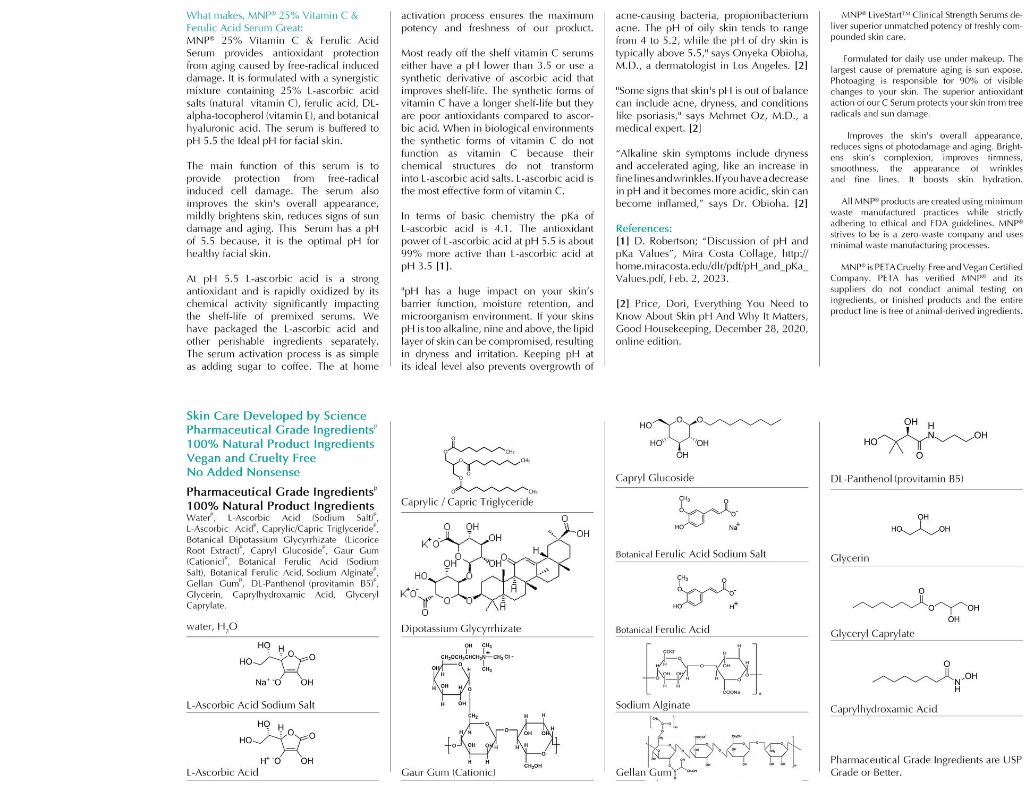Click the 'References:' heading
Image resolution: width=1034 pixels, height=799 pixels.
(x=643, y=228)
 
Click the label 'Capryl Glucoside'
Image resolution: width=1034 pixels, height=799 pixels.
(x=655, y=478)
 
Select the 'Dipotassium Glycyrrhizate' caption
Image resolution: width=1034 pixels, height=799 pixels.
(x=461, y=628)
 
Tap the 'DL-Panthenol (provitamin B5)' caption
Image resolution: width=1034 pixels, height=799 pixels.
(x=896, y=479)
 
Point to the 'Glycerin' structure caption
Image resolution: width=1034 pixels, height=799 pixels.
(x=850, y=558)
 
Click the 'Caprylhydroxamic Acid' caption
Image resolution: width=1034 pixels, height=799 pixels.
(x=883, y=709)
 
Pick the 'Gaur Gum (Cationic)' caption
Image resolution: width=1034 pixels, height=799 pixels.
(x=448, y=772)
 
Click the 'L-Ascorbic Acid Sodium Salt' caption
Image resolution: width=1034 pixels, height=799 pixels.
(x=250, y=705)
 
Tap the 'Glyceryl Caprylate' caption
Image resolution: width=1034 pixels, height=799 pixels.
(x=872, y=633)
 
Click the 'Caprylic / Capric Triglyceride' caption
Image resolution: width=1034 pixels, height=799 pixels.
(x=467, y=502)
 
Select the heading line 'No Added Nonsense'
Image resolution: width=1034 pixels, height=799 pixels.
(x=243, y=472)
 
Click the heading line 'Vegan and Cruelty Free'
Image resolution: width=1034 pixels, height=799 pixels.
(x=251, y=458)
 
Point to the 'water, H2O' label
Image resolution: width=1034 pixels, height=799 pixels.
(x=211, y=627)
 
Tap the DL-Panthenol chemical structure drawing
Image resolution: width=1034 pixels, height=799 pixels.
(x=925, y=438)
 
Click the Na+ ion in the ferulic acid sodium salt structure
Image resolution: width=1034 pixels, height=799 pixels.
(x=734, y=528)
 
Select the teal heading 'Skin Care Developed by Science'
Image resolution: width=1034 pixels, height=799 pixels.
(x=276, y=416)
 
